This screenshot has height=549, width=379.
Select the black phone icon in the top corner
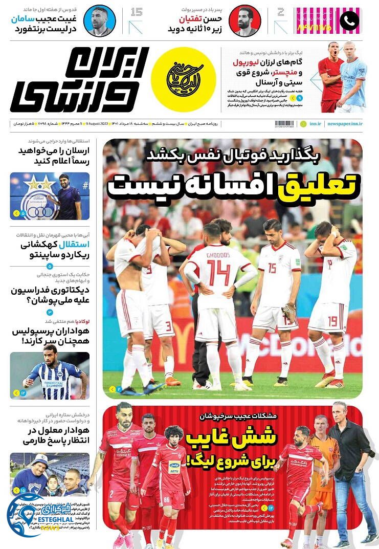pos(349,20)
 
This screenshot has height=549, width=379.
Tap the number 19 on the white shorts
pos(333,321)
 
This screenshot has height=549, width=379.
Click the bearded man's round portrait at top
pos(244,20)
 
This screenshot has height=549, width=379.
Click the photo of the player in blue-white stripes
pos(50,375)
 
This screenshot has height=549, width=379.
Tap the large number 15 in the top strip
pos(136,12)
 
